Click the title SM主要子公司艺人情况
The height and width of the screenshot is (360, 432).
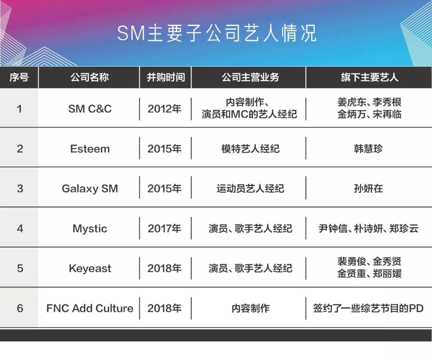coord(217,33)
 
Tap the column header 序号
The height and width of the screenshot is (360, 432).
coord(19,77)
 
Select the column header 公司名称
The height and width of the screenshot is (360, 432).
coord(90,77)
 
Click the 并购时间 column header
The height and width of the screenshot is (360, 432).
coord(166,77)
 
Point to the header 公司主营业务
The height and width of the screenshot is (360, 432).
coord(250,77)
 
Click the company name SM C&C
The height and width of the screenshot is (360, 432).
coord(90,109)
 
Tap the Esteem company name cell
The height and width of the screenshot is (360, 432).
coord(90,149)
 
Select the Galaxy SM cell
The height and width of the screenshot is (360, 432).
coord(90,189)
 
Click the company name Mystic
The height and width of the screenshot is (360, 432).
coord(90,229)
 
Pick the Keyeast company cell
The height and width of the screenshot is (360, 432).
coord(90,268)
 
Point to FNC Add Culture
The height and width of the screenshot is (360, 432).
coord(90,308)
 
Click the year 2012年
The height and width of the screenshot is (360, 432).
coord(164,109)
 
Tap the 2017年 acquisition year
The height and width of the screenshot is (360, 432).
coord(164,228)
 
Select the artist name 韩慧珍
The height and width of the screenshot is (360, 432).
coord(368,149)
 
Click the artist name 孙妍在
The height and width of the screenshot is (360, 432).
coord(368,189)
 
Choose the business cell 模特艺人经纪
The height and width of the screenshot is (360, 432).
coord(250,149)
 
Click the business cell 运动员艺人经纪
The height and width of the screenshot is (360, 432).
coord(250,189)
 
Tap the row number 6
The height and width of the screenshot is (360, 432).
coord(20,308)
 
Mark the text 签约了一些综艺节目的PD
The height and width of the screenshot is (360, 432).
coord(368,308)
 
